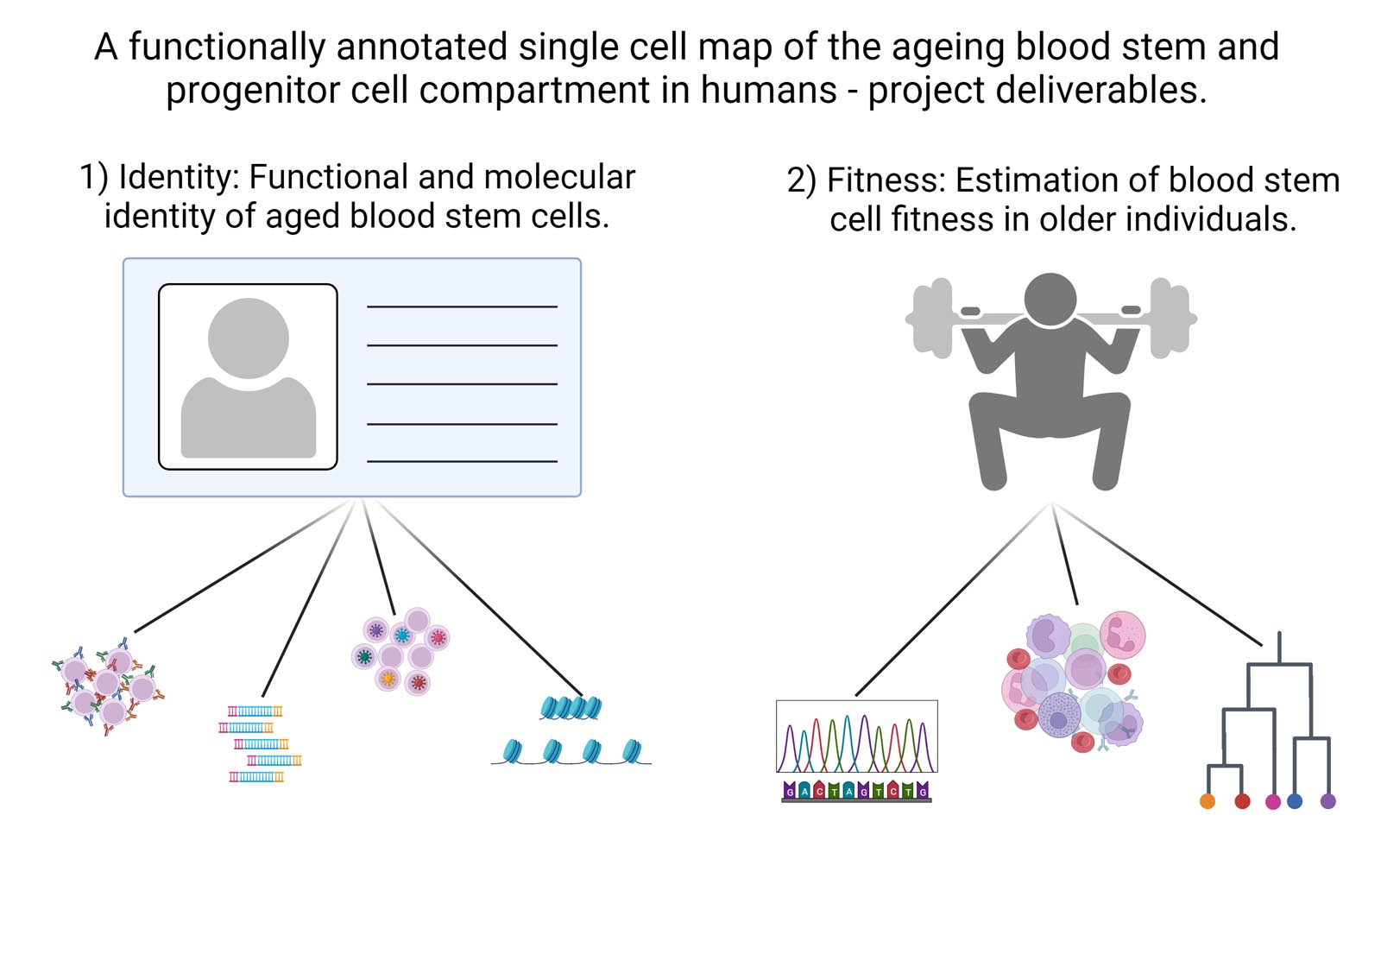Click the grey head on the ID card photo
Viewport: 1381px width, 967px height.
tap(249, 338)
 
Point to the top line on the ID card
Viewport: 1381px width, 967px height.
tap(462, 307)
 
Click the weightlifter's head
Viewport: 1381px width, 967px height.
tap(1050, 299)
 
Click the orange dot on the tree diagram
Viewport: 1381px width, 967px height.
tap(1208, 801)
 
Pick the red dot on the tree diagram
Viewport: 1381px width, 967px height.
tap(1242, 801)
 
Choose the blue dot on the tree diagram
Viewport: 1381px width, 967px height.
tap(1295, 801)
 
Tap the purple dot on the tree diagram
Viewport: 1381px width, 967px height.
tap(1328, 801)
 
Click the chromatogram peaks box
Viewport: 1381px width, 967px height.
tap(856, 736)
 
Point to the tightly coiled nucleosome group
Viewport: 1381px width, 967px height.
tap(571, 708)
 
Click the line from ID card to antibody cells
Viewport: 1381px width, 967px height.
tap(242, 566)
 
